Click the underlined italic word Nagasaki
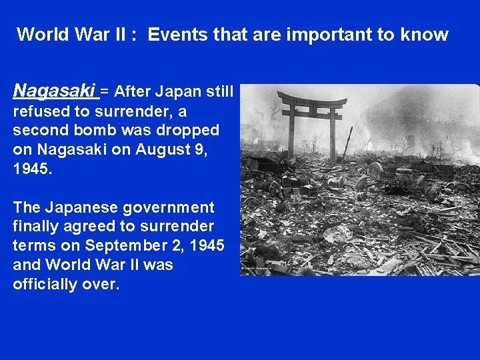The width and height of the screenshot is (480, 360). [55, 90]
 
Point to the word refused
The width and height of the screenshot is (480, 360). [39, 110]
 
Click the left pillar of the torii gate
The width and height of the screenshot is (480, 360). [291, 133]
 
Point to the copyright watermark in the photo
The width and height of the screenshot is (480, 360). [256, 268]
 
